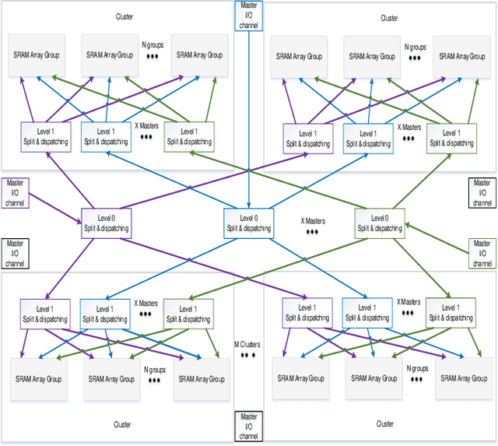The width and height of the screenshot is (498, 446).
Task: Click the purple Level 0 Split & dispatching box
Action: coord(104,223)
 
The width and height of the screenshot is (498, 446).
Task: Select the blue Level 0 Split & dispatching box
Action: coord(248,223)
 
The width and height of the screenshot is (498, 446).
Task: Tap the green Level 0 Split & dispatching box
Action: coord(379,223)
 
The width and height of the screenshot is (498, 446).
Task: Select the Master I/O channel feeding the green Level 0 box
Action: coord(482,253)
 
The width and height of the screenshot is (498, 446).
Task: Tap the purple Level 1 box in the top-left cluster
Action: coord(45,137)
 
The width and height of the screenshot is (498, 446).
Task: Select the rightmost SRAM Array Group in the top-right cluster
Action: coord(460,56)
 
